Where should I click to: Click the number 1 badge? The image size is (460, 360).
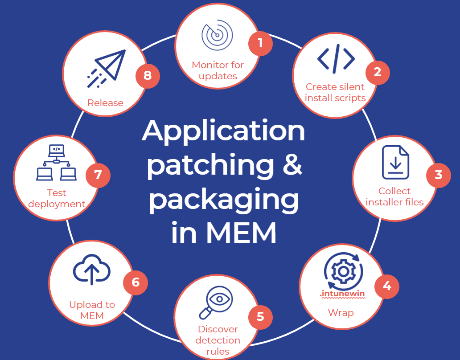[x=260, y=44]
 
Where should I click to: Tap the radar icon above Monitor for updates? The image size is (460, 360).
[x=217, y=35]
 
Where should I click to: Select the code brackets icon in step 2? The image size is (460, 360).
[x=336, y=59]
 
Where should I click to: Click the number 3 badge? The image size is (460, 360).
[x=438, y=175]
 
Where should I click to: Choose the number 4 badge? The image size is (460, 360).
[x=387, y=286]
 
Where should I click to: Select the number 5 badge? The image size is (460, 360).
[x=260, y=316]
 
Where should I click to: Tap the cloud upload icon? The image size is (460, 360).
[x=91, y=270]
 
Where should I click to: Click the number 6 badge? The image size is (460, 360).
[x=136, y=282]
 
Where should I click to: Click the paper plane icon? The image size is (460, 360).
[x=107, y=70]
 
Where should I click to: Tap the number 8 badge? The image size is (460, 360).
[x=148, y=75]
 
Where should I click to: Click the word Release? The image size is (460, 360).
[x=105, y=103]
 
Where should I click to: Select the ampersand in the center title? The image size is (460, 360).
[x=292, y=165]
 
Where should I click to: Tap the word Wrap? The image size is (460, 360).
[x=341, y=312]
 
